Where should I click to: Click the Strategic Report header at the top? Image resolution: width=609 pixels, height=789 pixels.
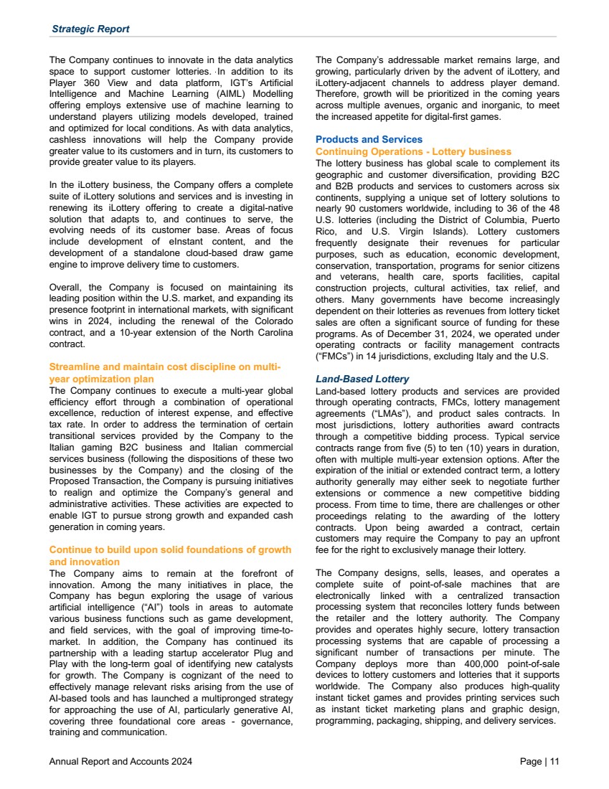click(x=90, y=29)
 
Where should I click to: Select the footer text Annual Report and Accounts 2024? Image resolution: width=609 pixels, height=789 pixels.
click(x=120, y=762)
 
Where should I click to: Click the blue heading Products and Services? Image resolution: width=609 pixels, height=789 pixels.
click(x=369, y=139)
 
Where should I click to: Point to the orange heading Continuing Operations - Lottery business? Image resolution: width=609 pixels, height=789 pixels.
click(x=413, y=151)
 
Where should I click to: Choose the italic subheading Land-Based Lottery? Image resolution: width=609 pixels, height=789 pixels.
click(x=362, y=379)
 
